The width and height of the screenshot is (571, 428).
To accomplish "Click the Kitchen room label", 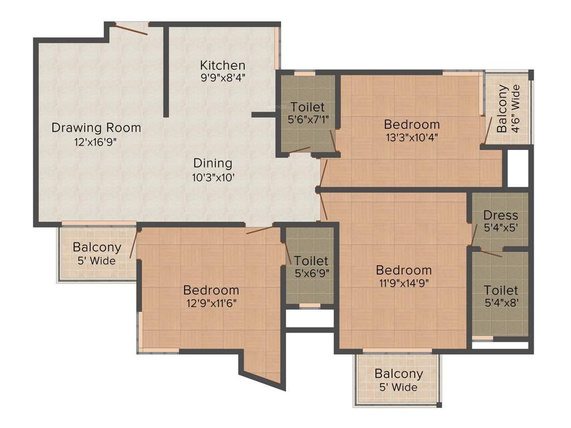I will click(222, 65).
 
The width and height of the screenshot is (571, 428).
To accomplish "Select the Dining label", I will click(212, 163).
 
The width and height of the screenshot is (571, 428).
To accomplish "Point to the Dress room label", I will click(500, 215).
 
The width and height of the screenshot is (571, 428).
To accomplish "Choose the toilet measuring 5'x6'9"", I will click(311, 267).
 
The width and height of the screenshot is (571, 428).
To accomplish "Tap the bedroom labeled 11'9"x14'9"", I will click(403, 276).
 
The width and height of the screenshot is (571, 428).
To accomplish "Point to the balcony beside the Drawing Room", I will click(97, 254).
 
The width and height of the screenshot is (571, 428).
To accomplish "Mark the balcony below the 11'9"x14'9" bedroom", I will click(398, 380).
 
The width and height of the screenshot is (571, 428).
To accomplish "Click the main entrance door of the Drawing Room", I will click(132, 28).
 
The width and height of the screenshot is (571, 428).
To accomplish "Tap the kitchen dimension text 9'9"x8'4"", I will click(222, 78).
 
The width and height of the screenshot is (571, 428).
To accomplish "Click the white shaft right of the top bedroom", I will click(517, 168).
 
